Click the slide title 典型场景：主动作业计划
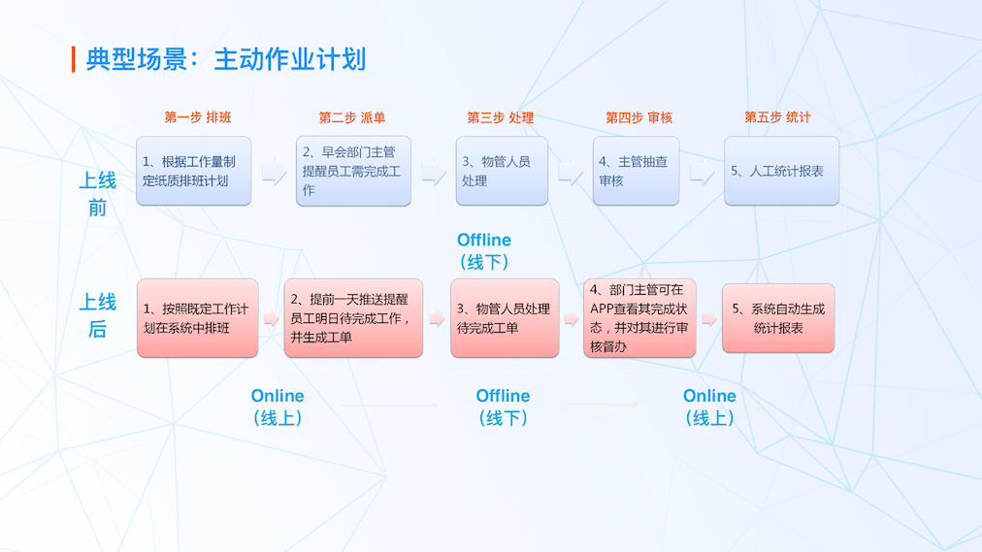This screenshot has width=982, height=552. (225, 59)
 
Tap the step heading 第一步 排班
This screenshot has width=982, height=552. (198, 117)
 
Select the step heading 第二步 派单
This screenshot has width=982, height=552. (352, 117)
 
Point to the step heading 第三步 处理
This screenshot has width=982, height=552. (501, 117)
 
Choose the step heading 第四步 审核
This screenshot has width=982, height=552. (638, 117)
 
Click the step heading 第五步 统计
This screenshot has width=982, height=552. (777, 117)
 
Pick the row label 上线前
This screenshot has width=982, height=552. (97, 193)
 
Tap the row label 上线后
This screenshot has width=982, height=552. (97, 315)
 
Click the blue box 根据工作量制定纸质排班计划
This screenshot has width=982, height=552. (193, 171)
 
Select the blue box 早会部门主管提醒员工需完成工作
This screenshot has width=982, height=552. (353, 171)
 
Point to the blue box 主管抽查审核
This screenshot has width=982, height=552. (636, 171)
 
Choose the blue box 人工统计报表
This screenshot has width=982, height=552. (781, 171)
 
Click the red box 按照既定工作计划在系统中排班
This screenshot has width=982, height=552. (197, 318)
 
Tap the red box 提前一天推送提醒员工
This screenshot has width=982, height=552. (353, 318)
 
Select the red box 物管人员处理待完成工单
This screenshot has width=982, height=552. (505, 318)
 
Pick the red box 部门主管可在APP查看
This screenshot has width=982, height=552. (639, 317)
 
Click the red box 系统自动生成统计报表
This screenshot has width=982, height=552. (778, 318)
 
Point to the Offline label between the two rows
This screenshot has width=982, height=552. (484, 250)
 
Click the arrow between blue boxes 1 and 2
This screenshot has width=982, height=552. (274, 173)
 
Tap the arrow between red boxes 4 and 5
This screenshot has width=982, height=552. (709, 318)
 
